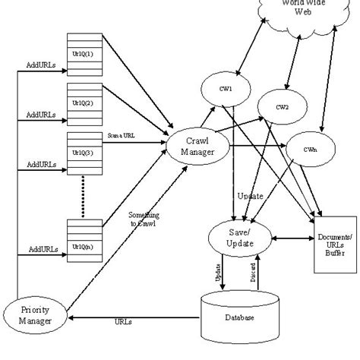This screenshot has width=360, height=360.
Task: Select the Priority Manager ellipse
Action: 36,314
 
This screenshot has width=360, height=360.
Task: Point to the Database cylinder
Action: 238,317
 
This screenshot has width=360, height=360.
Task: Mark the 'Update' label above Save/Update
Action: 251,196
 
